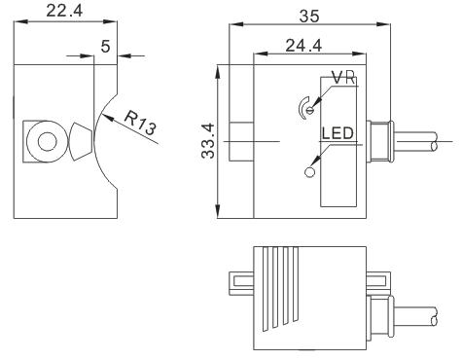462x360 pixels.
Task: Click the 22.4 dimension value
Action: pyautogui.click(x=64, y=11)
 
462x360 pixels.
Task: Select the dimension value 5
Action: pyautogui.click(x=105, y=47)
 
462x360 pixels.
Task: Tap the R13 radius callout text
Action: pyautogui.click(x=140, y=124)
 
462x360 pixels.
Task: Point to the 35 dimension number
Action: pyautogui.click(x=309, y=17)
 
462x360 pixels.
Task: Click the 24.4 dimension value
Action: pyautogui.click(x=303, y=46)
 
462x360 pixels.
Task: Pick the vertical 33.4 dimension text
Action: pyautogui.click(x=208, y=140)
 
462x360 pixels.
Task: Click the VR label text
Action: pyautogui.click(x=344, y=78)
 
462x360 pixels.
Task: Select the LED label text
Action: pyautogui.click(x=338, y=133)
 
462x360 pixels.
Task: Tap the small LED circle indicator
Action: pyautogui.click(x=310, y=172)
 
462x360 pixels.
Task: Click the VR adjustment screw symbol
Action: pyautogui.click(x=307, y=109)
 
